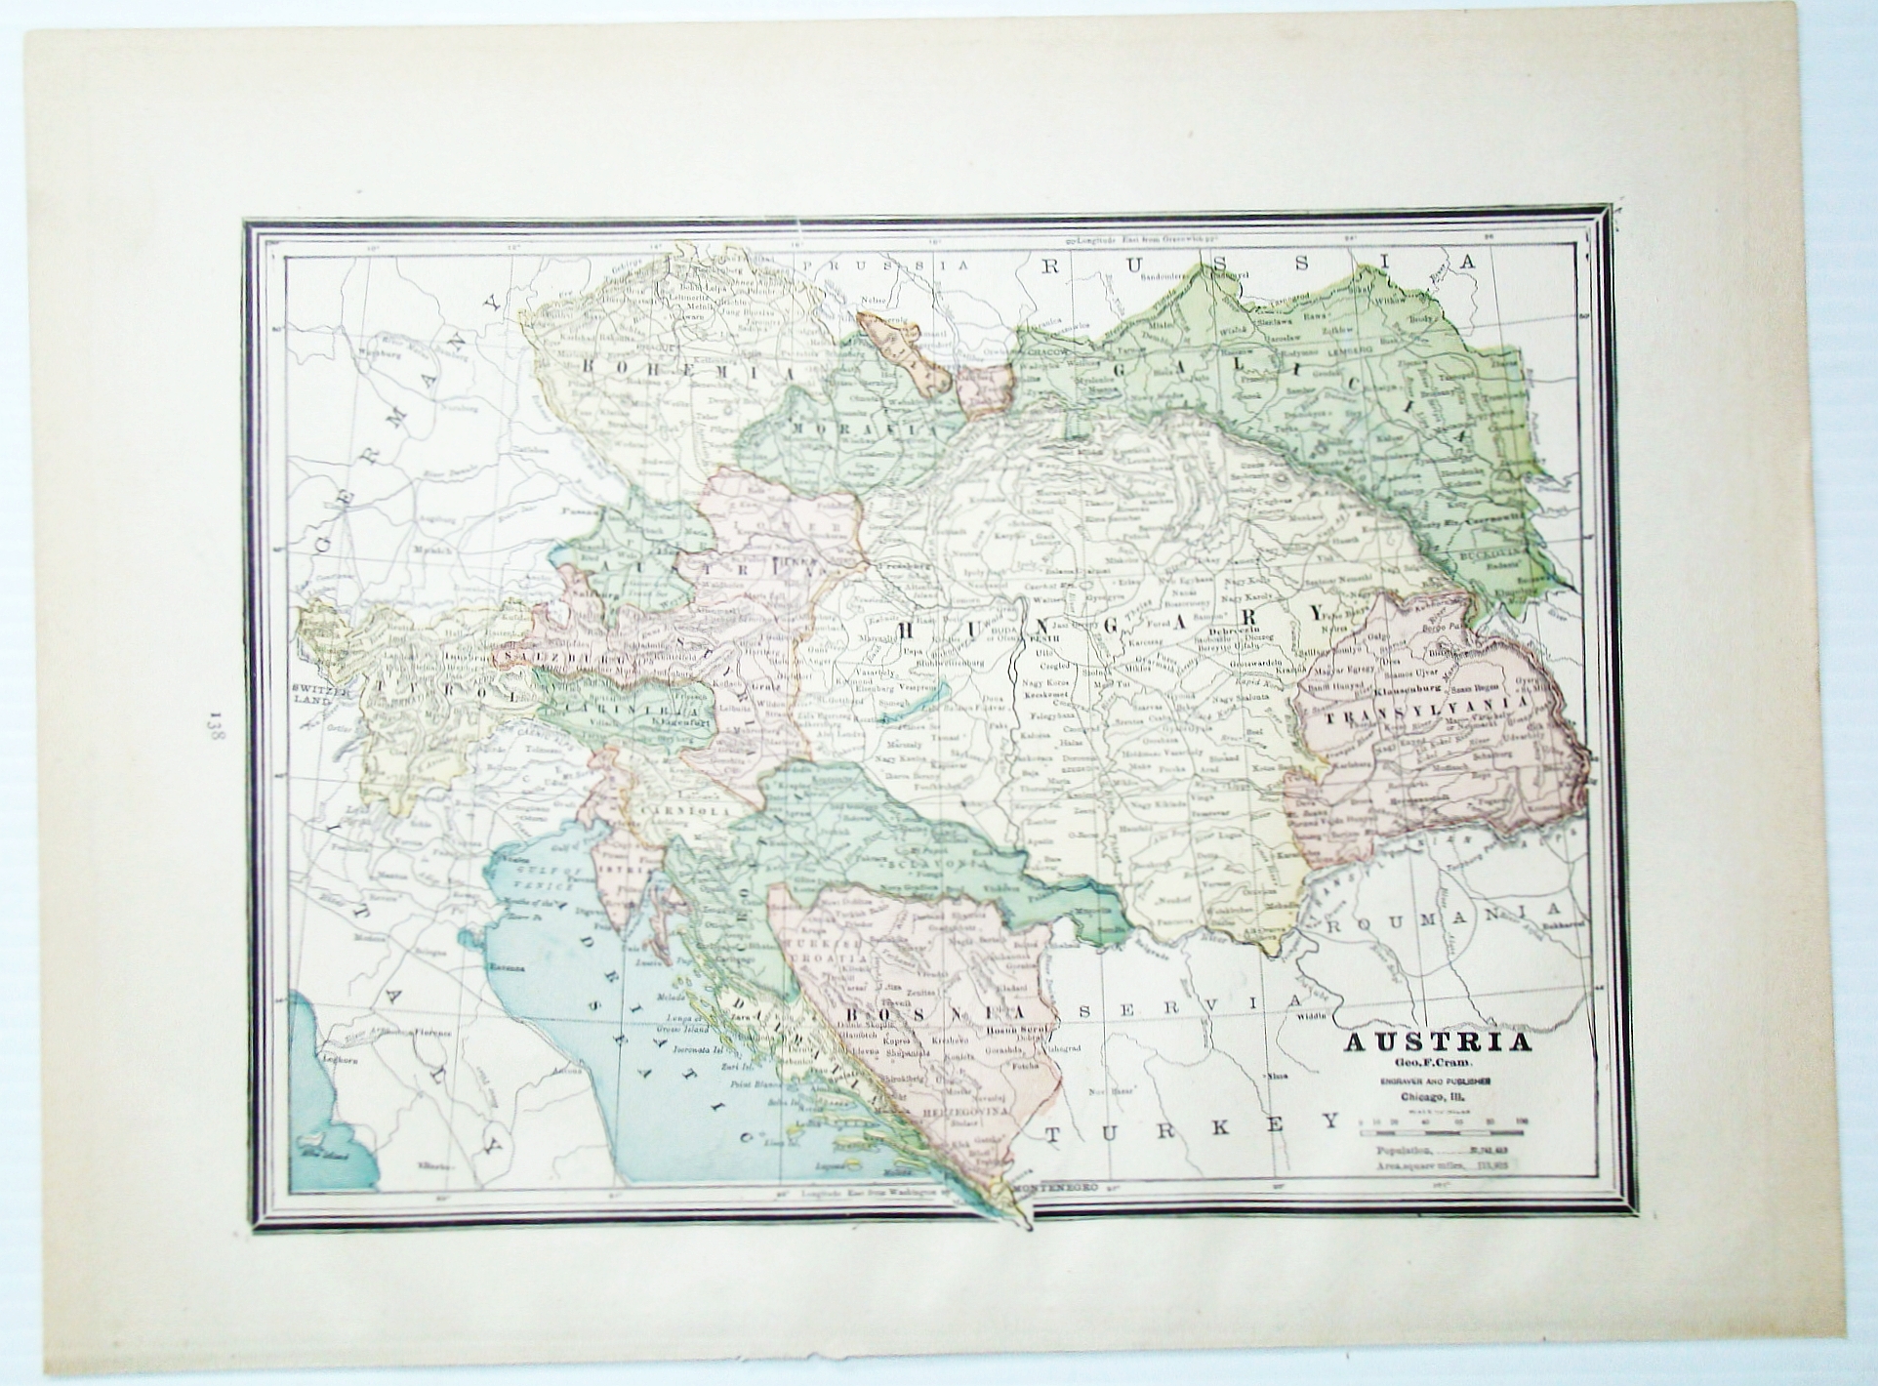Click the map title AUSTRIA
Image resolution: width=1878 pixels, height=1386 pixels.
(x=1439, y=1042)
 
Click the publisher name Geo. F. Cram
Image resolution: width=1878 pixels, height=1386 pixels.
(x=1438, y=1064)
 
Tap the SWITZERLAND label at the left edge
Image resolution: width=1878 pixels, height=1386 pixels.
(x=318, y=697)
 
